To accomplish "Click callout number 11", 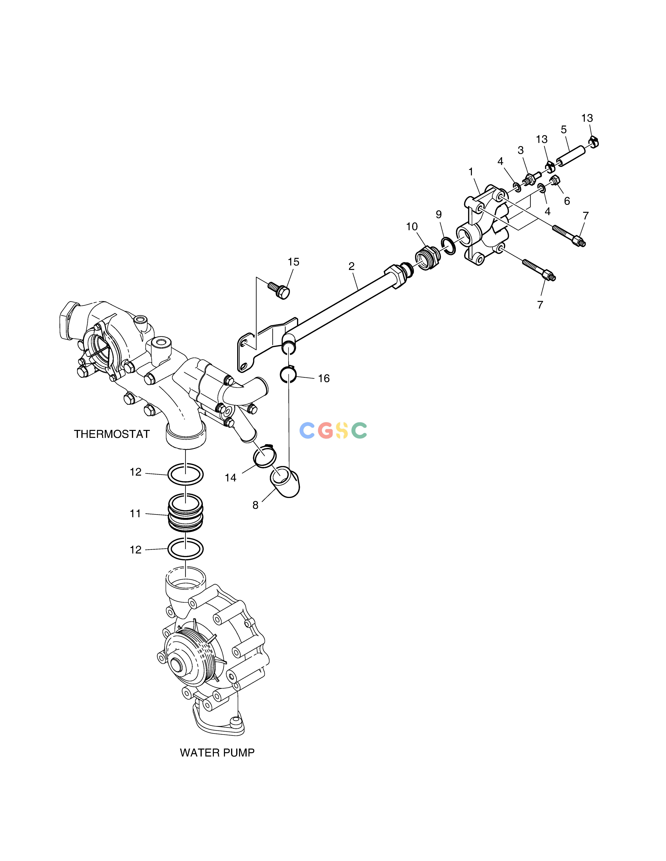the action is (x=135, y=514).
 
